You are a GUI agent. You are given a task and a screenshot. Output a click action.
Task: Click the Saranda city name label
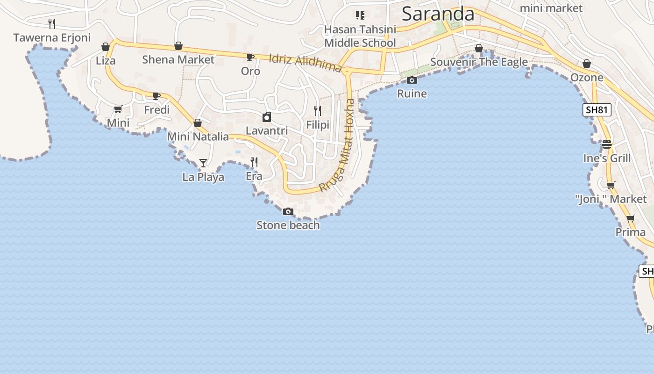(x=438, y=14)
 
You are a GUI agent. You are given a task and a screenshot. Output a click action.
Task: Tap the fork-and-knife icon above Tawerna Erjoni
(x=52, y=23)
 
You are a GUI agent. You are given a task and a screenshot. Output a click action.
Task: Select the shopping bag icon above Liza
(x=106, y=47)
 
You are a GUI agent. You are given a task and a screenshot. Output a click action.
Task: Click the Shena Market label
(x=178, y=59)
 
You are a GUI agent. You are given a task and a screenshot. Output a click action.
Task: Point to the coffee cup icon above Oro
(x=250, y=58)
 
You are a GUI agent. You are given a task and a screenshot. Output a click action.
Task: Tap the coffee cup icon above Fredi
(x=156, y=96)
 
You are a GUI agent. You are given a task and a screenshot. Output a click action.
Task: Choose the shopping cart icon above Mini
(x=118, y=109)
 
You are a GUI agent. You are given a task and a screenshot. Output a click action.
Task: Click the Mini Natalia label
(x=198, y=137)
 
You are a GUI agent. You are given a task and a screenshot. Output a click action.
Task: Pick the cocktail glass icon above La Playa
(x=203, y=163)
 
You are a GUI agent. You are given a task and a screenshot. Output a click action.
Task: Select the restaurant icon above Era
(x=254, y=162)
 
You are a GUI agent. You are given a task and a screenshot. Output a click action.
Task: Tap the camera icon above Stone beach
(x=288, y=212)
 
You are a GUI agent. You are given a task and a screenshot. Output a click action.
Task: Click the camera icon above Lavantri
(x=267, y=117)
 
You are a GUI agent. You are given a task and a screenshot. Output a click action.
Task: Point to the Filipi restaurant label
(x=318, y=125)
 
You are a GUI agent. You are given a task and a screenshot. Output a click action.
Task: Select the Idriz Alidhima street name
(x=306, y=63)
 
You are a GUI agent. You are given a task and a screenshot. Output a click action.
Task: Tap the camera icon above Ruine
(x=412, y=80)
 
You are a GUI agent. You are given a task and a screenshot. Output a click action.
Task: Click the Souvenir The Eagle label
(x=479, y=62)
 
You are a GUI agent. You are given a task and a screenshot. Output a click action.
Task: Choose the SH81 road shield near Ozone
(x=597, y=110)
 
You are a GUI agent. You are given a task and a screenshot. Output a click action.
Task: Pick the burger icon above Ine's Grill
(x=607, y=144)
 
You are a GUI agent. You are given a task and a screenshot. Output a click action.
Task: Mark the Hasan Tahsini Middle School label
(x=360, y=36)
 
